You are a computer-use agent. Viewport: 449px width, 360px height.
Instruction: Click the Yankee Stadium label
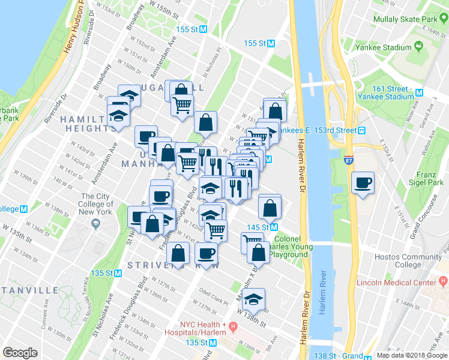click(x=382, y=47)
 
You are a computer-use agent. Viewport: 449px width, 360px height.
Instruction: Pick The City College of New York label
click(x=96, y=204)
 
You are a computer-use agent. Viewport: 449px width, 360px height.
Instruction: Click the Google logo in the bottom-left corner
click(x=20, y=353)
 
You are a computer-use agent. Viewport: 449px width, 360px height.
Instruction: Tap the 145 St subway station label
click(x=261, y=227)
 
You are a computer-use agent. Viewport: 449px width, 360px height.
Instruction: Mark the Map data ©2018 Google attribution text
click(x=412, y=355)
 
